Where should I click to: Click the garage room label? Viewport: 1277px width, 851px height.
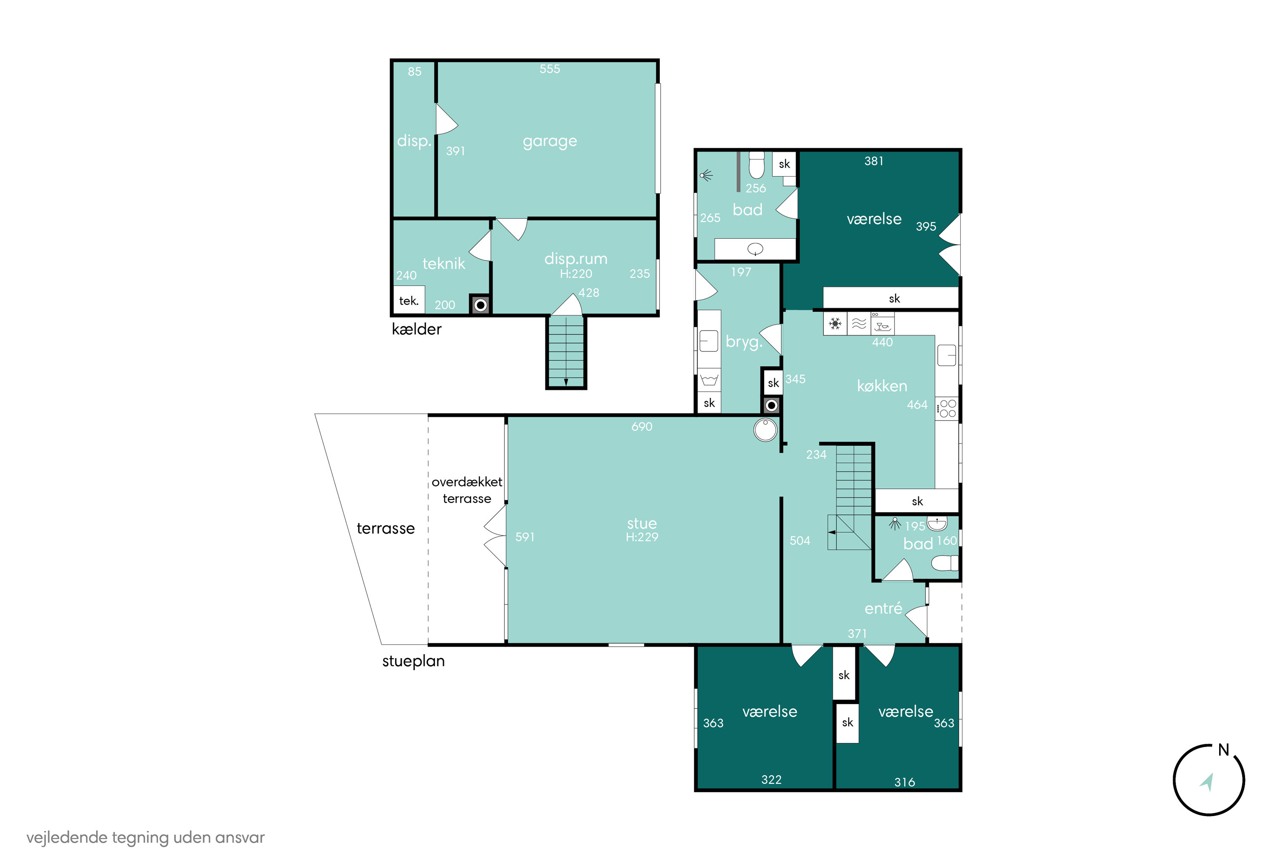click(x=550, y=142)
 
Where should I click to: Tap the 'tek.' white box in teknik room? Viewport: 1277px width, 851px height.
click(x=409, y=300)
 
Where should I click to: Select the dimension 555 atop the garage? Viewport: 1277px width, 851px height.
click(x=550, y=69)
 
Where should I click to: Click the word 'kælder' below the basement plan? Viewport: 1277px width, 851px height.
click(x=416, y=329)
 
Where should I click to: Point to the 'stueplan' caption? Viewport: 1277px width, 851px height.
click(x=413, y=661)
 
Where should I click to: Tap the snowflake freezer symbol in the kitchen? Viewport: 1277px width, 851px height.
click(x=835, y=324)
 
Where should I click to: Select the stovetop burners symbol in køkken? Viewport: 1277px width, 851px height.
click(x=948, y=408)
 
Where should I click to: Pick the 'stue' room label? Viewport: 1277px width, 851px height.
click(x=642, y=524)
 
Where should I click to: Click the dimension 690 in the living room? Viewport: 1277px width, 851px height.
click(x=642, y=427)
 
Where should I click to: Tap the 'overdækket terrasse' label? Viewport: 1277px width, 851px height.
click(x=467, y=490)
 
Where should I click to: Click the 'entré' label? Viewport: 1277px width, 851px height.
click(x=883, y=608)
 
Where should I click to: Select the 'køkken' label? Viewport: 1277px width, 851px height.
click(x=882, y=386)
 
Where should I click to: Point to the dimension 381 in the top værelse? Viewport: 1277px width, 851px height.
click(x=873, y=161)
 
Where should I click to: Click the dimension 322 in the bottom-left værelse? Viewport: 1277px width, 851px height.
click(x=771, y=780)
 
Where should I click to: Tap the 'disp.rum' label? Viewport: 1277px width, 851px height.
click(x=576, y=259)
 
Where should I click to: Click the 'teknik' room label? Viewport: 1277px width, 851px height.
click(x=444, y=264)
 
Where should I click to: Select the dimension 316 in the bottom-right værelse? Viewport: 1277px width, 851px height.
click(x=905, y=782)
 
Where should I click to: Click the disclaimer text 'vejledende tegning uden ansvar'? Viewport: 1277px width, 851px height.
click(x=146, y=837)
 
